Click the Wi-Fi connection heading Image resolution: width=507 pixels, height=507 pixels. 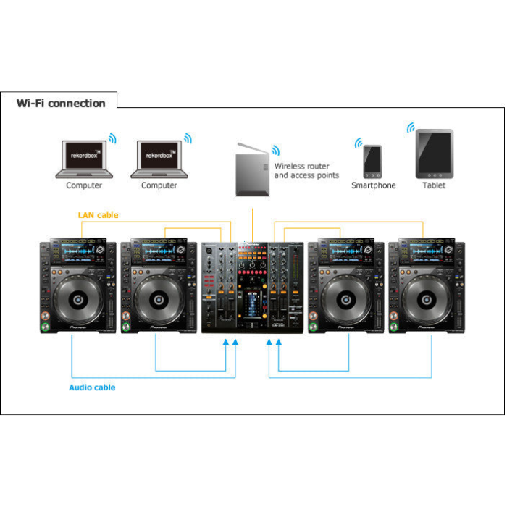pyautogui.click(x=61, y=103)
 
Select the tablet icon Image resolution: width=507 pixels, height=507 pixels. pyautogui.click(x=434, y=154)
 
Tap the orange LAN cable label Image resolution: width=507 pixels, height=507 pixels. pyautogui.click(x=98, y=215)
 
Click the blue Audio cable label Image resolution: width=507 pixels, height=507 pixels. pyautogui.click(x=92, y=387)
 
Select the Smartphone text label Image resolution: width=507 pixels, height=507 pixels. pyautogui.click(x=374, y=185)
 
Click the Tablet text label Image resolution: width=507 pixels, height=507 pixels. pyautogui.click(x=434, y=185)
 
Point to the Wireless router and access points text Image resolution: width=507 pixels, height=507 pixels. pyautogui.click(x=306, y=171)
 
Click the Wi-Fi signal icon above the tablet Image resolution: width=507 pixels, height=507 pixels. pyautogui.click(x=411, y=128)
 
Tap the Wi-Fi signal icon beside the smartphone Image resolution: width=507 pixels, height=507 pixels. pyautogui.click(x=358, y=143)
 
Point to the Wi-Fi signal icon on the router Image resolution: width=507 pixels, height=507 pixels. pyautogui.click(x=275, y=151)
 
